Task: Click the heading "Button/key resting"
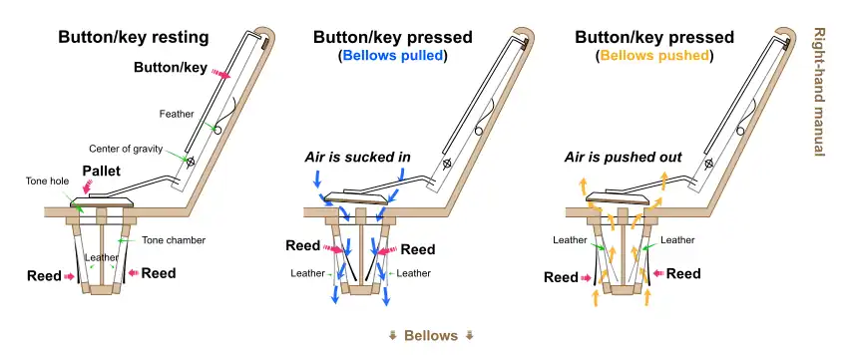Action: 133,37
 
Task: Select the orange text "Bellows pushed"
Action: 654,57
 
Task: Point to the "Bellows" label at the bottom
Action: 431,335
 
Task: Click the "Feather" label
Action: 176,114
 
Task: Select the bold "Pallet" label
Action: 102,172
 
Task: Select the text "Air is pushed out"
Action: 625,158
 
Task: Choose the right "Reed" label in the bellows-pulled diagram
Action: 418,250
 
